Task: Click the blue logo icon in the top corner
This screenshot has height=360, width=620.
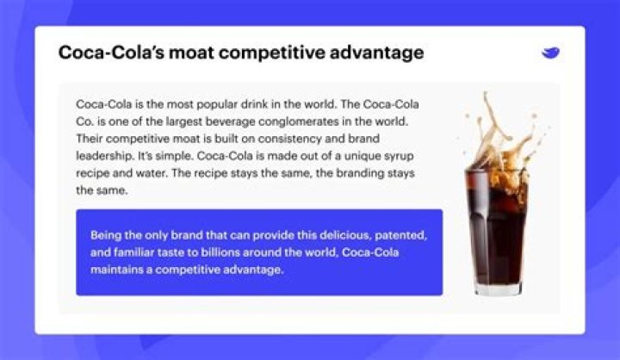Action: click(551, 53)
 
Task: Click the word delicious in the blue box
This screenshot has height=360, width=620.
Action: click(337, 234)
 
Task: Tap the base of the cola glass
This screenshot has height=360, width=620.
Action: click(498, 288)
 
